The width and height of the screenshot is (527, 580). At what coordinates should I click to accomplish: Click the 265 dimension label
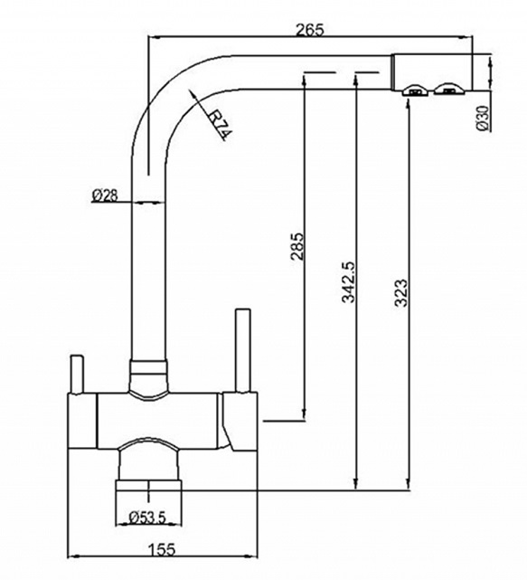310,30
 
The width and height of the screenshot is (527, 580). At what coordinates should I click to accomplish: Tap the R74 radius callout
220,126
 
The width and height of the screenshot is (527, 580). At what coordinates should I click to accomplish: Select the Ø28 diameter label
105,195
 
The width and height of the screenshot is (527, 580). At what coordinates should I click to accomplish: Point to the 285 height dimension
297,246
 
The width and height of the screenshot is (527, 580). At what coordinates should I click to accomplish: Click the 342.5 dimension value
348,282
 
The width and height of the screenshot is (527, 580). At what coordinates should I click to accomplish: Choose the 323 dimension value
400,293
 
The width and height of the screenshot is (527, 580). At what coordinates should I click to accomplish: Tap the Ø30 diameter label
483,118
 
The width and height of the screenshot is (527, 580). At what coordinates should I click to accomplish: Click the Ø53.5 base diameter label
147,518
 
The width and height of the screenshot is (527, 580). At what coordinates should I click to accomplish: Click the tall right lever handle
243,350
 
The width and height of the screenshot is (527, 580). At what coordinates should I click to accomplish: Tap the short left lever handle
77,374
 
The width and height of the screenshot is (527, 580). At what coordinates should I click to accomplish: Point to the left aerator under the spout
416,90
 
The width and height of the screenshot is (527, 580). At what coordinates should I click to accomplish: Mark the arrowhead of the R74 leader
192,93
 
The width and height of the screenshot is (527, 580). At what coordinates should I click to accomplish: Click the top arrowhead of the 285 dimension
305,77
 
